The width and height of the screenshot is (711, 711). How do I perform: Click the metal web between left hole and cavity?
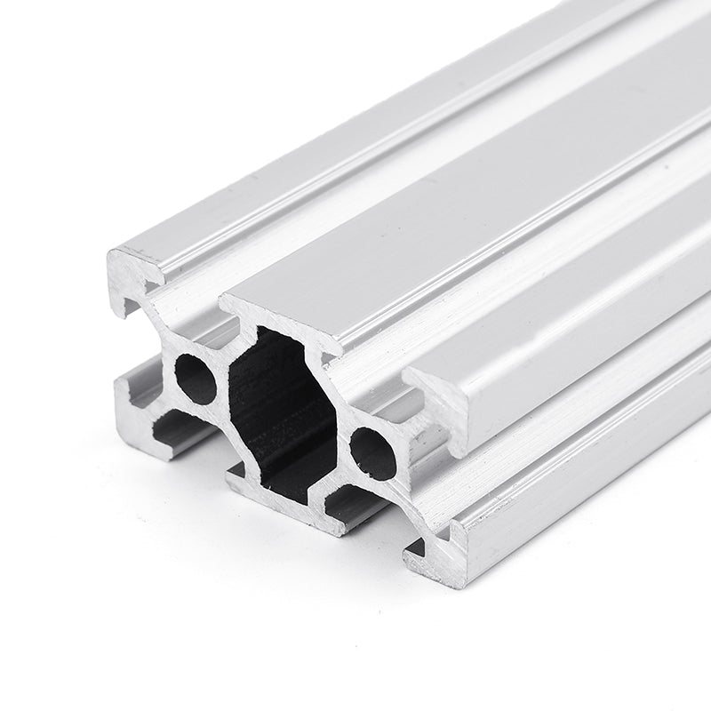coord(226,373)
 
